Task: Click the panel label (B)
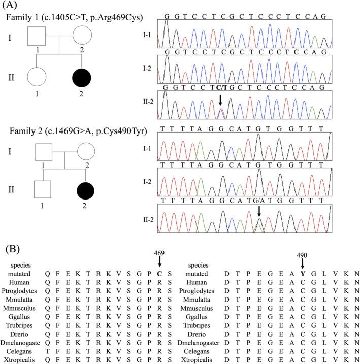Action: [x=12, y=250]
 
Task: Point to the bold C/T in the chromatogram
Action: [x=221, y=87]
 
